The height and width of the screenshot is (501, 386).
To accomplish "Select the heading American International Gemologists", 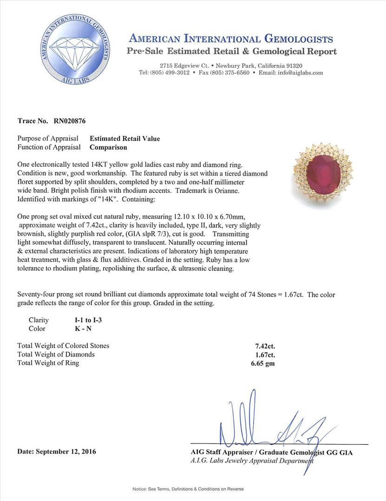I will pyautogui.click(x=231, y=39).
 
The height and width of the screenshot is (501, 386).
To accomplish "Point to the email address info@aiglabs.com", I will pyautogui.click(x=298, y=73).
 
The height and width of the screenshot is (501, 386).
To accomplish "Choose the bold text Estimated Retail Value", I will pyautogui.click(x=124, y=139).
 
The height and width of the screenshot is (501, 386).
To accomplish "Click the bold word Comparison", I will pyautogui.click(x=108, y=148).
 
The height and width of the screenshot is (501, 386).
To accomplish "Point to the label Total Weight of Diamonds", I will pyautogui.click(x=56, y=354).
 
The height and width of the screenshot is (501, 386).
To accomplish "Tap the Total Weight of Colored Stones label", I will pyautogui.click(x=63, y=346).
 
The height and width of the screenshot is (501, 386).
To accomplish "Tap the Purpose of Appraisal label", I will pyautogui.click(x=48, y=139).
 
